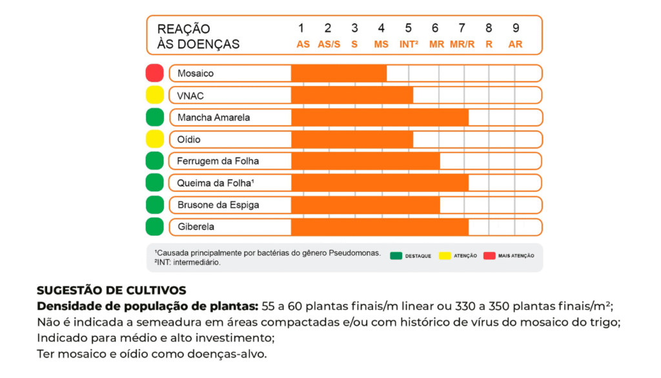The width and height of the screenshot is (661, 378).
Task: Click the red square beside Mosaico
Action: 155,73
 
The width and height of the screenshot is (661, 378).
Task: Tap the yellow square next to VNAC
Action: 155,95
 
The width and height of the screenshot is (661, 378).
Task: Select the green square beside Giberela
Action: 155,227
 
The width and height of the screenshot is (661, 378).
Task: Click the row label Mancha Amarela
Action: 214,118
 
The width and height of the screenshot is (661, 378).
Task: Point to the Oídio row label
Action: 189,140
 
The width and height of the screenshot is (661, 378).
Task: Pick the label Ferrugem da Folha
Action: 218,161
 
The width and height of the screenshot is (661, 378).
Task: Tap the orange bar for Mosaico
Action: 339,73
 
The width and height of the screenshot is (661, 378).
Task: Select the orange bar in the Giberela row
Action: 380,227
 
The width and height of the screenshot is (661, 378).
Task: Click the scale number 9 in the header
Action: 515,28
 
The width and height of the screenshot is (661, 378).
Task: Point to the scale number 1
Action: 301,28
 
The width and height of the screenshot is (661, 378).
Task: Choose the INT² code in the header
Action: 408,45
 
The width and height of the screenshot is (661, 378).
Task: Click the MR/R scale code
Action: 462,45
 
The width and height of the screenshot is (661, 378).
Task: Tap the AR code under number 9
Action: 515,45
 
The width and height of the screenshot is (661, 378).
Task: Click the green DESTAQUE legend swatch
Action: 395,256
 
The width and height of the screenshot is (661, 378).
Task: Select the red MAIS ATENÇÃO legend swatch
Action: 489,256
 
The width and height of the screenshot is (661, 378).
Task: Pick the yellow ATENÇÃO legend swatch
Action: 444,256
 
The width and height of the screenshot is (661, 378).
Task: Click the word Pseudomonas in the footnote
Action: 359,253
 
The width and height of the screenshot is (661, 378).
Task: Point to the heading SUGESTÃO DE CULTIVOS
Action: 112,290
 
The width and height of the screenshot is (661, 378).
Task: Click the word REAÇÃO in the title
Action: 184,29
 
